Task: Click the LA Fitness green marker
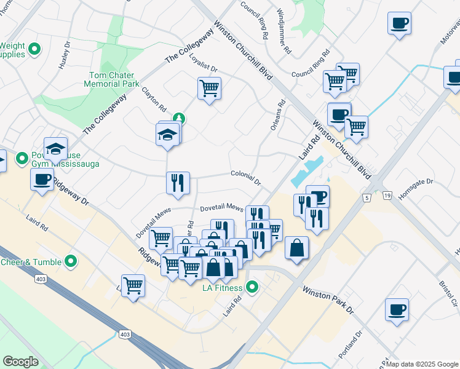pos(252,287)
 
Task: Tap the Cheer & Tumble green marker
pos(71,262)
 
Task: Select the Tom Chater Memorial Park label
pos(112,79)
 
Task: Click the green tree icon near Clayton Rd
pos(179,118)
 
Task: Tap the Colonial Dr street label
pos(247,178)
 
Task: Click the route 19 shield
pos(387,196)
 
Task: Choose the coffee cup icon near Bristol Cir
pos(397,309)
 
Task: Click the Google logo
pos(21,361)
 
